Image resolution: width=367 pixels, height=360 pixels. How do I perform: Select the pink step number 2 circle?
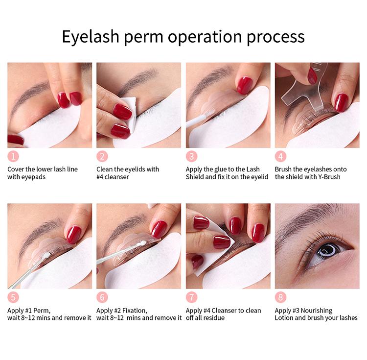(x=102, y=156)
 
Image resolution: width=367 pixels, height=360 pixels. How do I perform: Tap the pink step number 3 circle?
(x=191, y=156)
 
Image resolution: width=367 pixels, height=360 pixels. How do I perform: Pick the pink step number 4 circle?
(x=280, y=156)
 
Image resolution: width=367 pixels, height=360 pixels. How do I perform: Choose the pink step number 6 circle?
(x=102, y=297)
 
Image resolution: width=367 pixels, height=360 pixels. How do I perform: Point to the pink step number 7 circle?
(x=191, y=297)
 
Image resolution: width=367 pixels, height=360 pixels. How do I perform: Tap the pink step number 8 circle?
(x=280, y=297)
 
